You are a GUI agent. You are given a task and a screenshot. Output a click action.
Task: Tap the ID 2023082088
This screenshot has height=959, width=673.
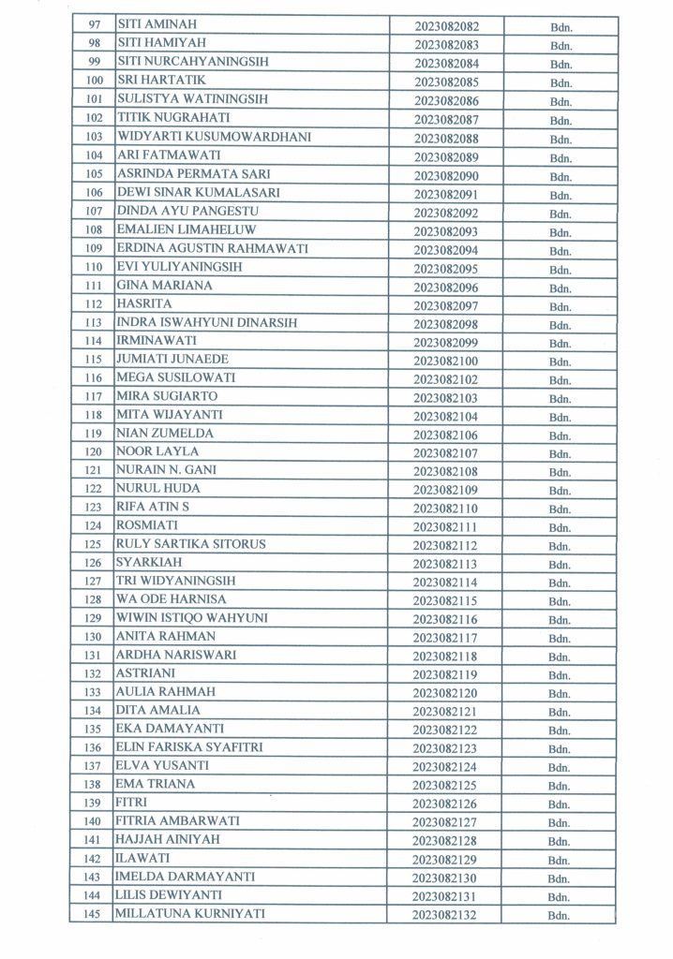pyautogui.click(x=445, y=138)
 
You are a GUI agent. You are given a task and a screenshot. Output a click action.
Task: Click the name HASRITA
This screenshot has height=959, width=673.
pyautogui.click(x=142, y=304)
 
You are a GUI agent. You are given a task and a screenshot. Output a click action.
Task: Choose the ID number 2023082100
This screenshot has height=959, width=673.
pyautogui.click(x=445, y=361)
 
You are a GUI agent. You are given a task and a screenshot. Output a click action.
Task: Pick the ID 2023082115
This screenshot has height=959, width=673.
pyautogui.click(x=445, y=600)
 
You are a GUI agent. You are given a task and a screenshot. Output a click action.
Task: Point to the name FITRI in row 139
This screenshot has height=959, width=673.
pyautogui.click(x=131, y=803)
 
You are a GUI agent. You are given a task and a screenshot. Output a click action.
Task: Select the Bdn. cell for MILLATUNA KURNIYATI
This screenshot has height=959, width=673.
pyautogui.click(x=561, y=915)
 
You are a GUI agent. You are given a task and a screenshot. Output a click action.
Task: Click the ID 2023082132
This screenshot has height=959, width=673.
pyautogui.click(x=445, y=915)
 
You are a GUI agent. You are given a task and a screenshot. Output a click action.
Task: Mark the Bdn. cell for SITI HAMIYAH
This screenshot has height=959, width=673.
pyautogui.click(x=561, y=44)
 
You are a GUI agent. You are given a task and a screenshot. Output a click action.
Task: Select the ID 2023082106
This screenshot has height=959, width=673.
pyautogui.click(x=445, y=435)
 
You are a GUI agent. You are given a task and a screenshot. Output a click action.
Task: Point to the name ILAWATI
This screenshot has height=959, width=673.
pyautogui.click(x=143, y=859)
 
